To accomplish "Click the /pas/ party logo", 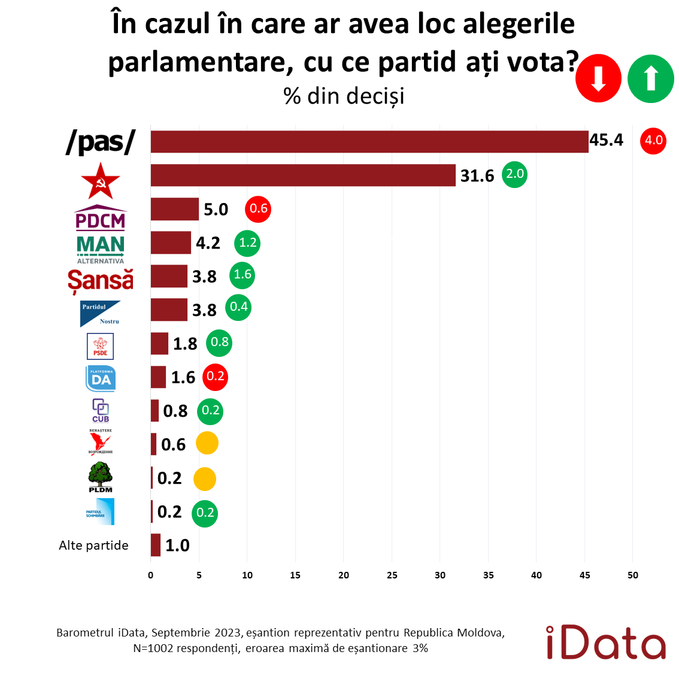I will click(101, 142).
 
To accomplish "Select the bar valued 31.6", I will click(302, 175).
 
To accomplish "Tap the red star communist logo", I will click(101, 180).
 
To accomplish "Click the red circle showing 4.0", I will click(653, 141).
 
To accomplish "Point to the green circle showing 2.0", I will click(514, 174).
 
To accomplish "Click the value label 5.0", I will click(216, 210).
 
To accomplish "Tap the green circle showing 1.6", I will click(242, 275).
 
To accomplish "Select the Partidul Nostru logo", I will click(101, 314).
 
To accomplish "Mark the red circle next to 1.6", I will click(215, 377).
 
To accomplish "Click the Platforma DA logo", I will click(101, 378).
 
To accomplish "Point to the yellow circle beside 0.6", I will click(207, 444).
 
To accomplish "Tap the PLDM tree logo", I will click(101, 477).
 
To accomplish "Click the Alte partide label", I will click(93, 545).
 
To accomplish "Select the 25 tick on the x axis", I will click(392, 575).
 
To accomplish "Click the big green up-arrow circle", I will click(651, 79).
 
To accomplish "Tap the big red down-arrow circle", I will click(598, 79).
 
